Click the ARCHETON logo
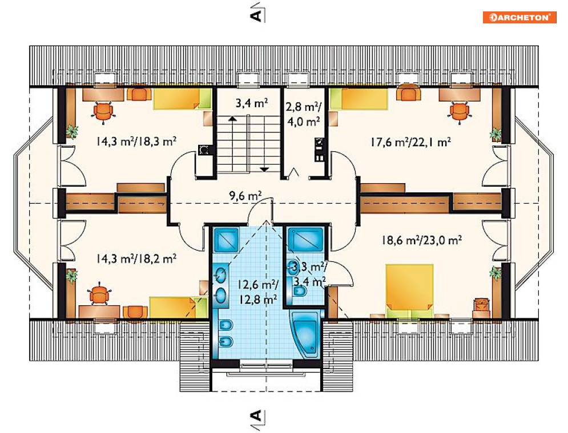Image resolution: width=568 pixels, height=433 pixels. pos(519,17)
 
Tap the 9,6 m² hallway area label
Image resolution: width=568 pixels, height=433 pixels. pos(245,196)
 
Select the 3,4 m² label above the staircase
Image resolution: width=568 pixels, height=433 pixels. pos(252,103)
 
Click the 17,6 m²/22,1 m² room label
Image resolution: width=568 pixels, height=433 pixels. pos(410,142)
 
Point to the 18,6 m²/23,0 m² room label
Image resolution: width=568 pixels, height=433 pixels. pos(421,240)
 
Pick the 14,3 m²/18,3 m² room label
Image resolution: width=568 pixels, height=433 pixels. pos(136,141)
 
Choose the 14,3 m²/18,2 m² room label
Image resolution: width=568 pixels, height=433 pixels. pos(136,258)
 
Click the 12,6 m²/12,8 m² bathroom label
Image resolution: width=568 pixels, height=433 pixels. pos(257,292)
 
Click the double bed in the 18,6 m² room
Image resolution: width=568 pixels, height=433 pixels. pos(410,291)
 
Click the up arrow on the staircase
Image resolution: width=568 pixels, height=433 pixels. pos(232,118)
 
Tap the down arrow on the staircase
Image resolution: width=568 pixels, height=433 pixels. pos(264,169)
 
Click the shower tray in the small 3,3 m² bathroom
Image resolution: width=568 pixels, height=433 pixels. pos(305,239)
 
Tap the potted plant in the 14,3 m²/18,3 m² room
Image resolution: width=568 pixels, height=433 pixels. pos(72,132)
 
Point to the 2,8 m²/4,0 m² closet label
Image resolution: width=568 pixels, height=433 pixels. pos(304,114)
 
